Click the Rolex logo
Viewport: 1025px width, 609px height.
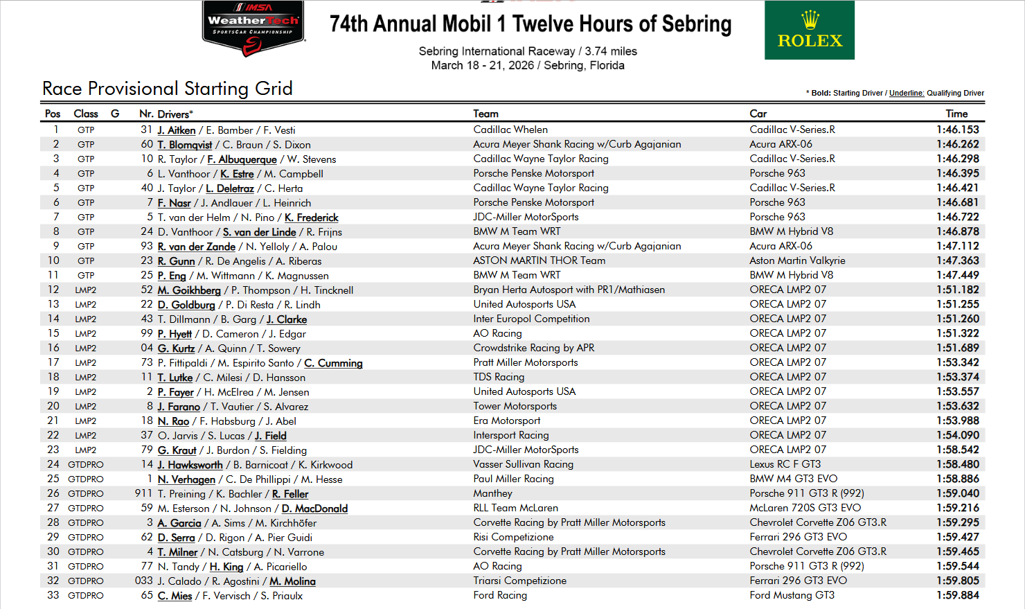pos(809,30)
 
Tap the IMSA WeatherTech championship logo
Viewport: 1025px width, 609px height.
pos(253,28)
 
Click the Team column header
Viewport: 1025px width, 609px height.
pos(485,114)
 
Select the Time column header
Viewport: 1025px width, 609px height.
pos(956,114)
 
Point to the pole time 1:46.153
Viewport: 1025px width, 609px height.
pos(958,130)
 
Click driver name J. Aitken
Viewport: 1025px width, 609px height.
pos(177,130)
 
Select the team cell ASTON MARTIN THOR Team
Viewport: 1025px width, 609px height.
pos(539,261)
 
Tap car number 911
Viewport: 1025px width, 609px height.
pos(144,493)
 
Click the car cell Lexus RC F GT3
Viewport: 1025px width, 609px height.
pos(785,464)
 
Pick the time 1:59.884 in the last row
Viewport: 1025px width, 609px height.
pos(958,595)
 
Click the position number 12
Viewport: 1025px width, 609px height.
pos(53,290)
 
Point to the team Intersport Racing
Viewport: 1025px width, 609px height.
pos(510,435)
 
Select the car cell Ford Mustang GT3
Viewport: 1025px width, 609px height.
pos(792,595)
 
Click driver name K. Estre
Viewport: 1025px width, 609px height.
pos(238,174)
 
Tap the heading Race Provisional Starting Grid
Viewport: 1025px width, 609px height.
pos(168,89)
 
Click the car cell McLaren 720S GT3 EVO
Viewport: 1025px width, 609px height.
pos(805,508)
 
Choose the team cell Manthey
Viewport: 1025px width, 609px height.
pos(492,493)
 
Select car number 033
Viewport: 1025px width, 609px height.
pos(144,581)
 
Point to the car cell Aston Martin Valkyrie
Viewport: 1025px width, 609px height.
pos(797,261)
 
